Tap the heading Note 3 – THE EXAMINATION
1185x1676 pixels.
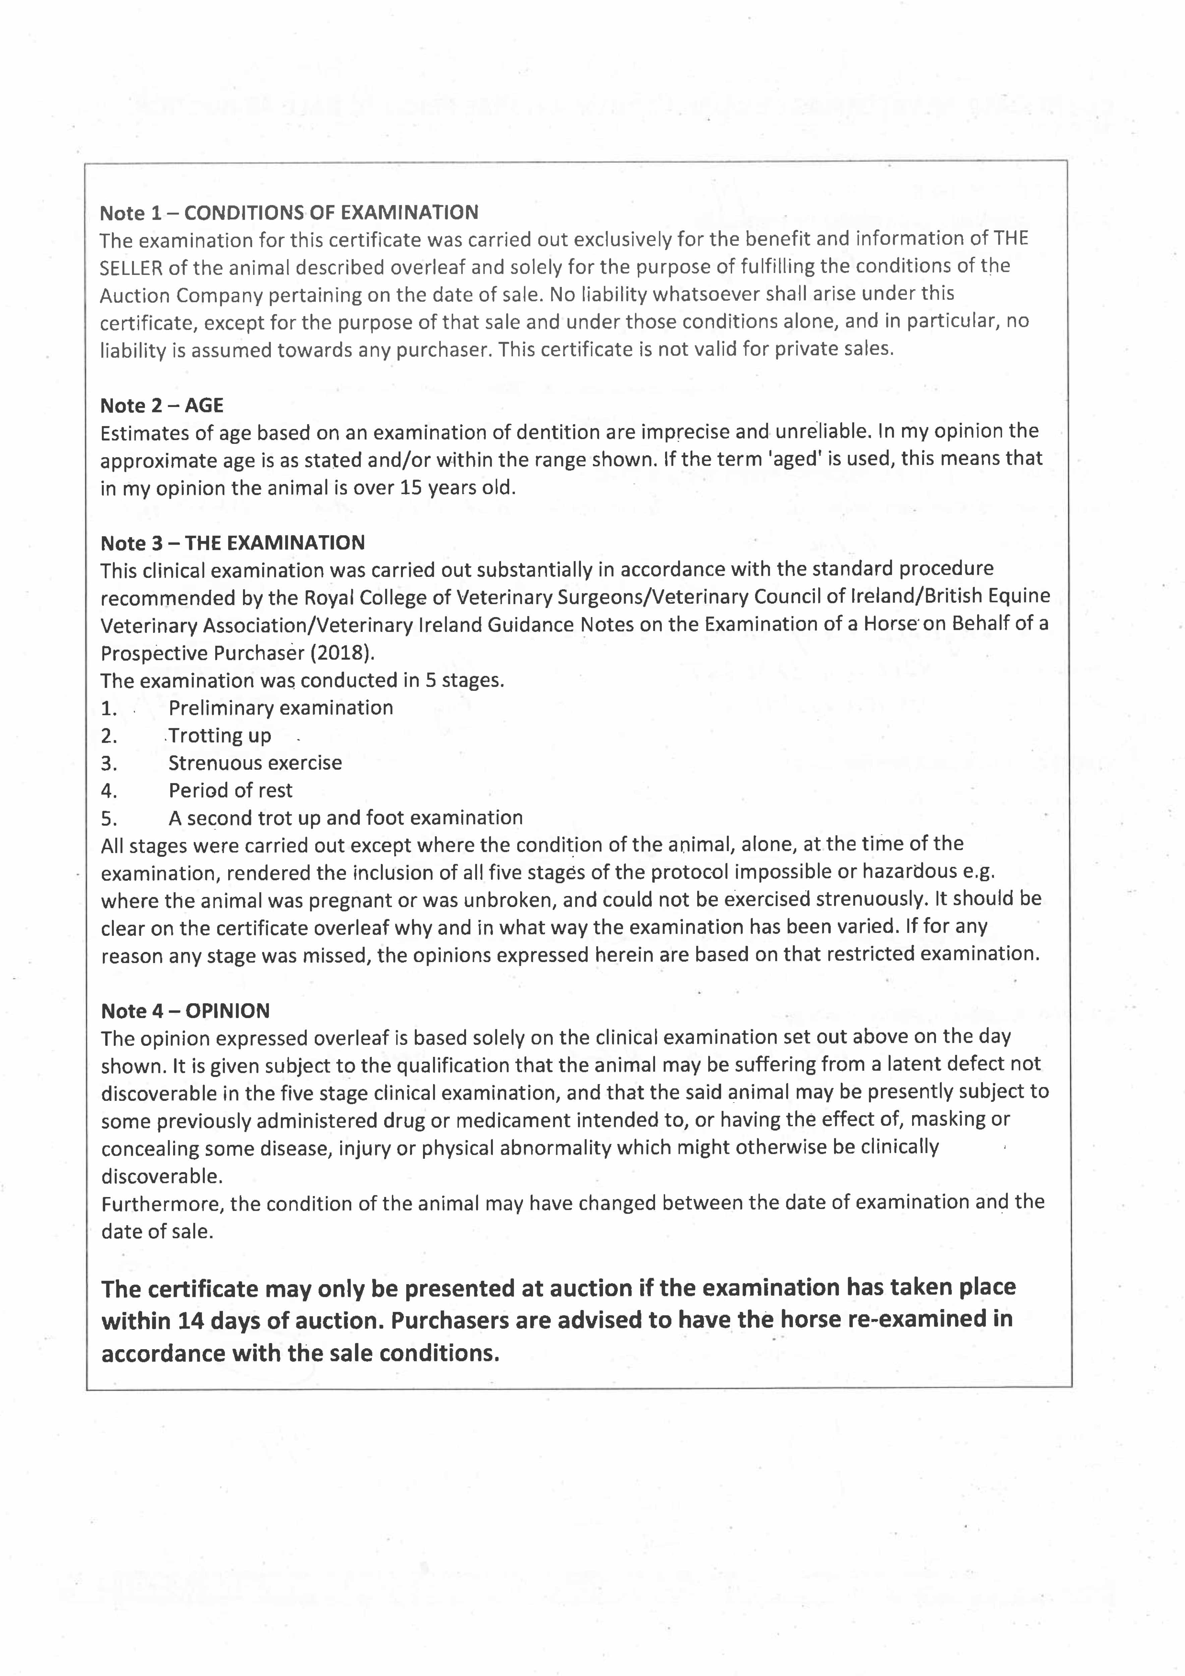click(x=232, y=543)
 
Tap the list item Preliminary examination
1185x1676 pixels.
click(x=280, y=708)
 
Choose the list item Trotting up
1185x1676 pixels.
click(x=220, y=736)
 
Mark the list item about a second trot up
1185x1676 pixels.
click(x=345, y=818)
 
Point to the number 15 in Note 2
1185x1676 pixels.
click(x=411, y=488)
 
